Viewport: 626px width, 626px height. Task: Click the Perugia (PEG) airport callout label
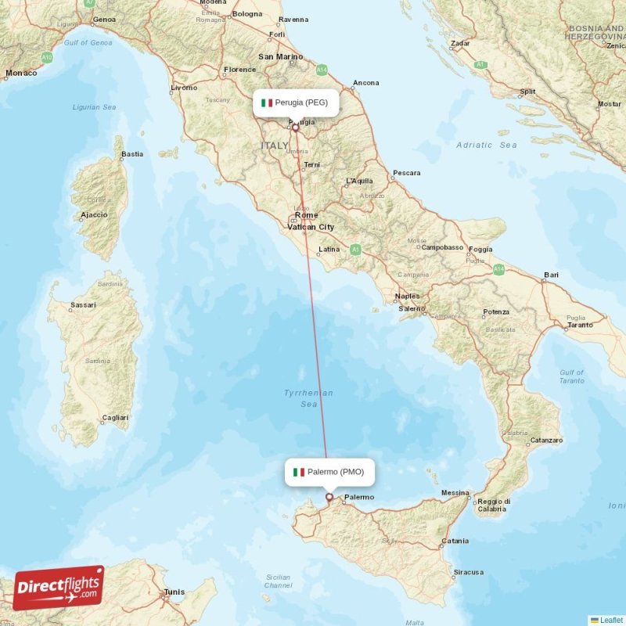pyautogui.click(x=295, y=103)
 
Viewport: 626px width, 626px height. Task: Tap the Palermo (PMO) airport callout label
pyautogui.click(x=329, y=472)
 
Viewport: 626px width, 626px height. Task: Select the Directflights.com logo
pyautogui.click(x=59, y=587)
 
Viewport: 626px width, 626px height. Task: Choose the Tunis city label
pyautogui.click(x=174, y=592)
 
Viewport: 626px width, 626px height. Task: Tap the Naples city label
pyautogui.click(x=407, y=297)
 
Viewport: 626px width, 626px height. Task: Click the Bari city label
pyautogui.click(x=552, y=275)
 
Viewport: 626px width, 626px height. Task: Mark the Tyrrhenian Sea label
pyautogui.click(x=309, y=398)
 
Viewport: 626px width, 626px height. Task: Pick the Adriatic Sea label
pyautogui.click(x=487, y=145)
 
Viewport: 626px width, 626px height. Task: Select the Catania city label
pyautogui.click(x=455, y=541)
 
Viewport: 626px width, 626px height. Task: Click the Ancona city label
pyautogui.click(x=365, y=83)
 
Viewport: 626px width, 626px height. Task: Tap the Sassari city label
pyautogui.click(x=83, y=304)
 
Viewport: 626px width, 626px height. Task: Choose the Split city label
pyautogui.click(x=528, y=92)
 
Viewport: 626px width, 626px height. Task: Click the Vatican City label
pyautogui.click(x=311, y=227)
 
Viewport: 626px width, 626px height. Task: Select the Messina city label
pyautogui.click(x=455, y=493)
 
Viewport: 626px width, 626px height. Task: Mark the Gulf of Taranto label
pyautogui.click(x=571, y=377)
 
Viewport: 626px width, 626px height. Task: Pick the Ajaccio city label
pyautogui.click(x=94, y=214)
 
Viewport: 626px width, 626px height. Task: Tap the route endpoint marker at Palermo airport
pyautogui.click(x=329, y=497)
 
